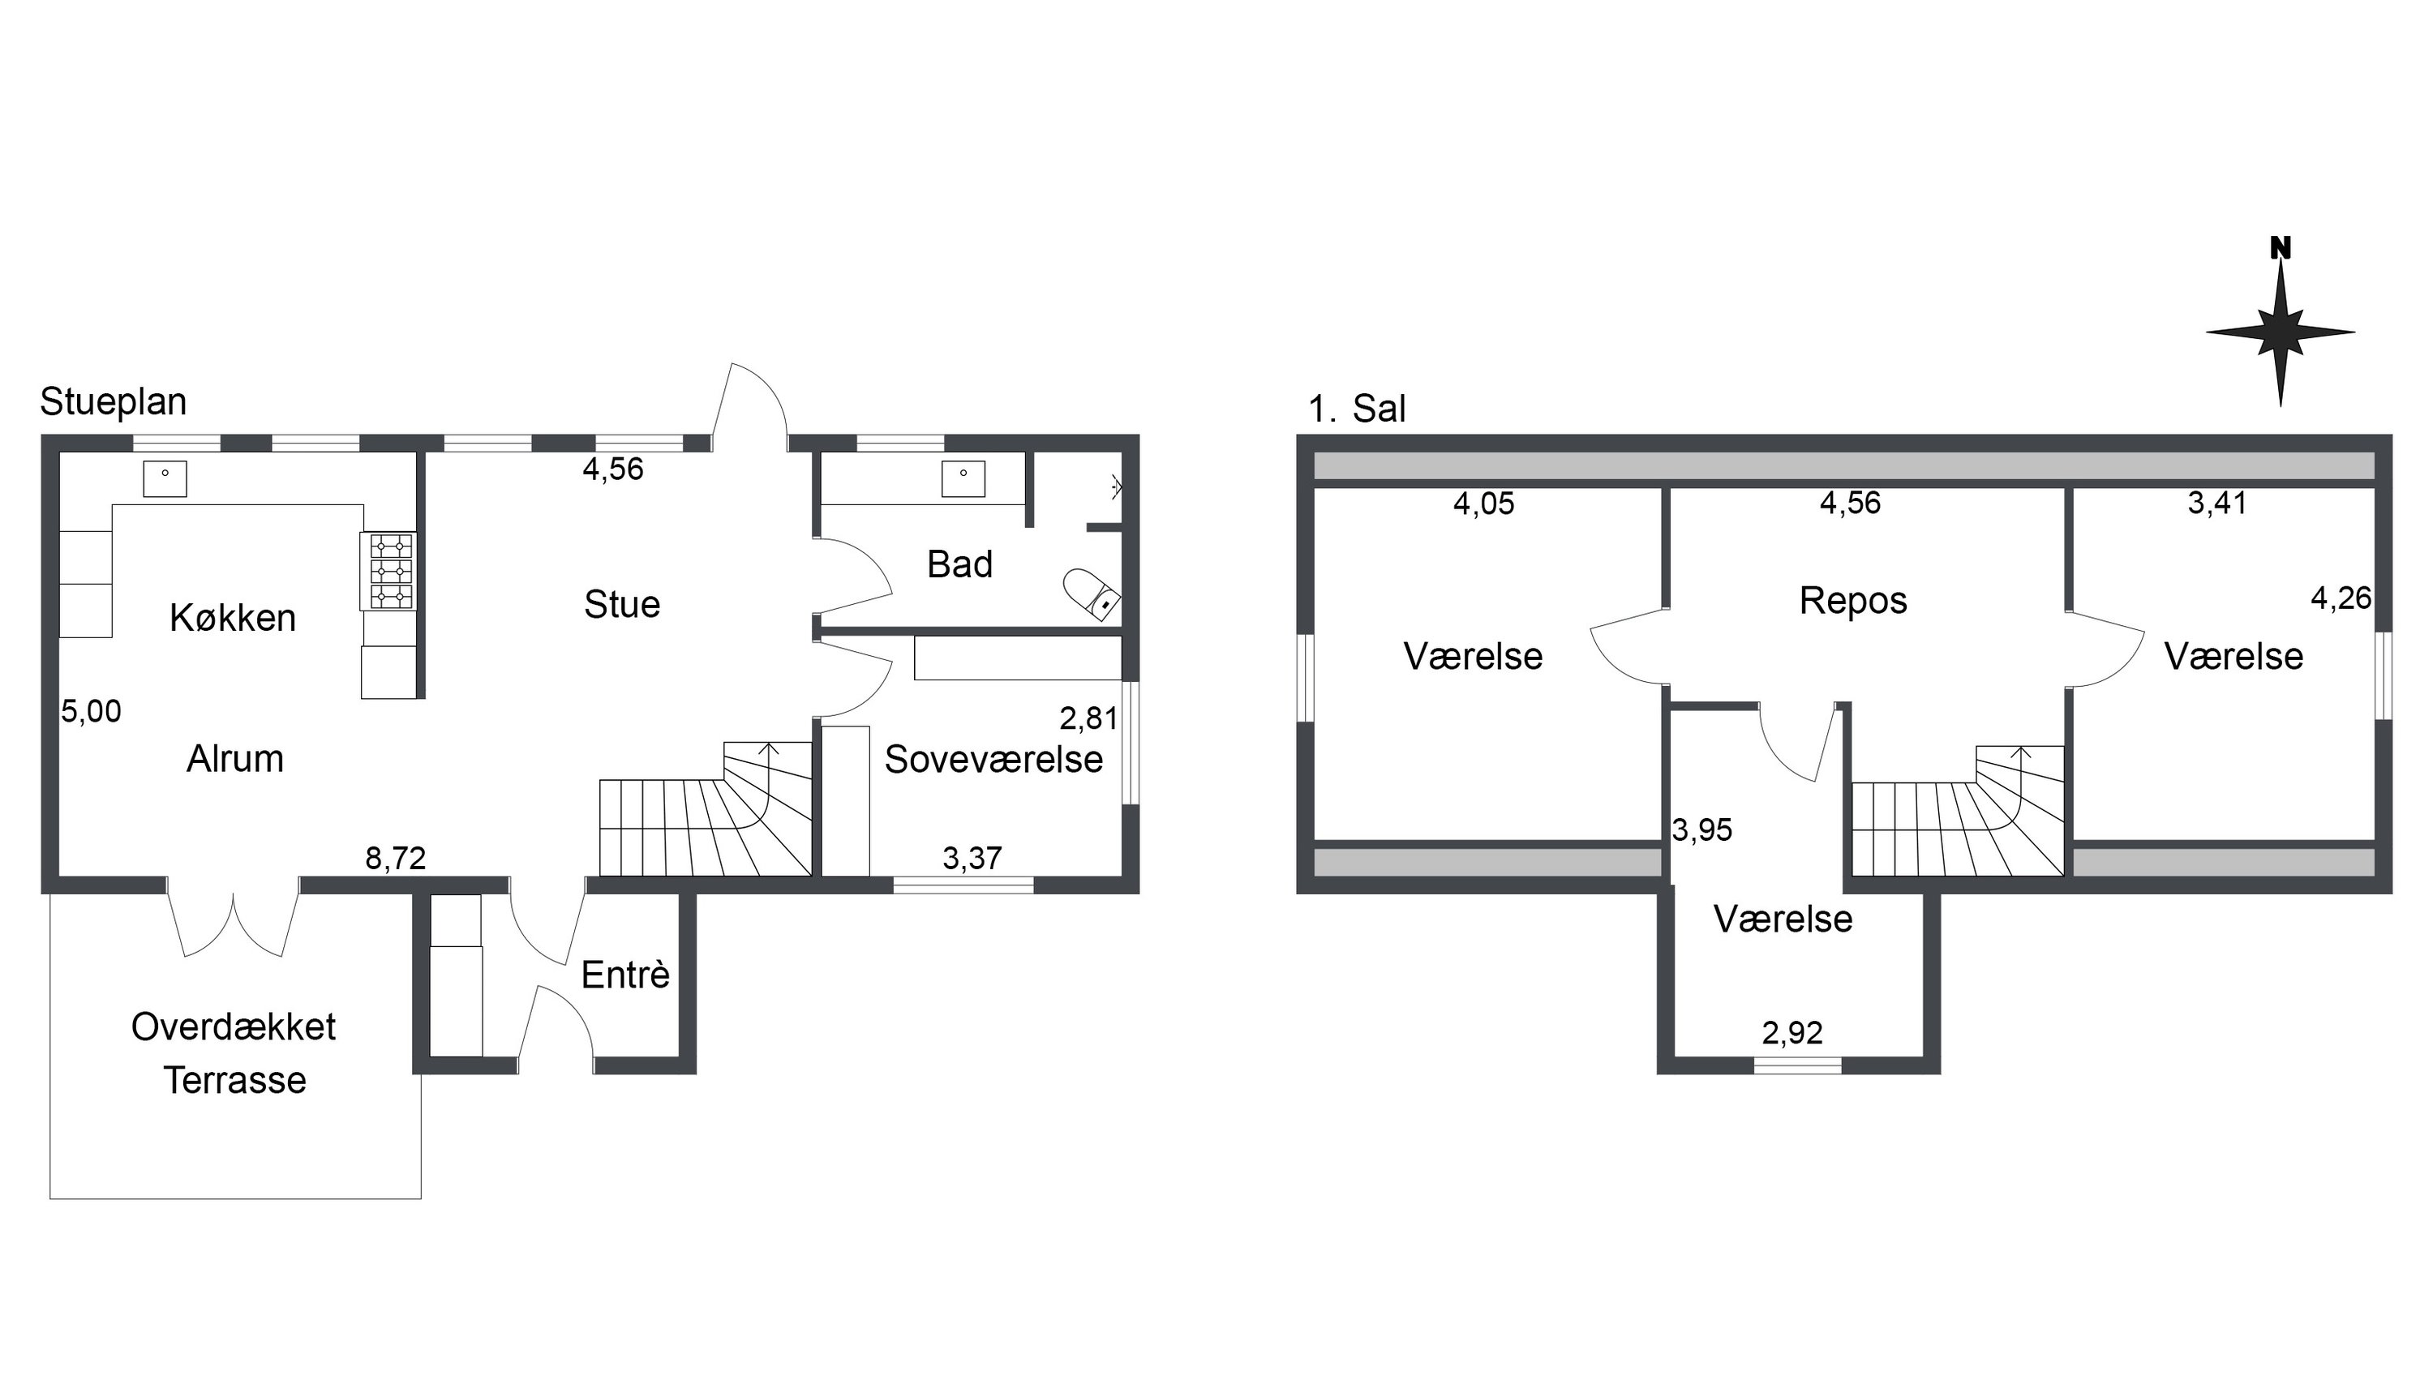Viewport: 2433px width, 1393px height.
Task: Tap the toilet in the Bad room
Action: tap(1092, 595)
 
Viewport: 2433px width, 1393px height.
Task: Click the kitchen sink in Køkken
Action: tap(165, 478)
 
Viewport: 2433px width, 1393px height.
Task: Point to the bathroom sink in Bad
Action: tap(963, 478)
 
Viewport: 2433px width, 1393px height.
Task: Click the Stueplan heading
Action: tap(113, 402)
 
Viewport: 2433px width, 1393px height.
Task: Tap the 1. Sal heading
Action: tap(1357, 409)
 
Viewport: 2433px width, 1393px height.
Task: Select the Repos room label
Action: tap(1853, 601)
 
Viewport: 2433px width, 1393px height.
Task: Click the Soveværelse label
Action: tap(993, 759)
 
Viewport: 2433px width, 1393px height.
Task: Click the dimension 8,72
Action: tap(395, 858)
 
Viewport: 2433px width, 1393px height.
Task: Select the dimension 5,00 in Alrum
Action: tap(91, 711)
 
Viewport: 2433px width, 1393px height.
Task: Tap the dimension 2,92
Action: tap(1792, 1032)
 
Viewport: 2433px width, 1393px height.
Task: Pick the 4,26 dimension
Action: tap(2341, 598)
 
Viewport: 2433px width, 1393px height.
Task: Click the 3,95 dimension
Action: tap(1702, 829)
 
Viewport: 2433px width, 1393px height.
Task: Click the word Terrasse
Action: tap(235, 1080)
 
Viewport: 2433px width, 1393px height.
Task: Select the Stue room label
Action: tap(622, 605)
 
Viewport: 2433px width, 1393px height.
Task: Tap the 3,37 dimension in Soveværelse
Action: tap(972, 858)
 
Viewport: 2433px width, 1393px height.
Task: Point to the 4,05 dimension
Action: tap(1484, 504)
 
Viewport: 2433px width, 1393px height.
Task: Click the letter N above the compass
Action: tap(2281, 248)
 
